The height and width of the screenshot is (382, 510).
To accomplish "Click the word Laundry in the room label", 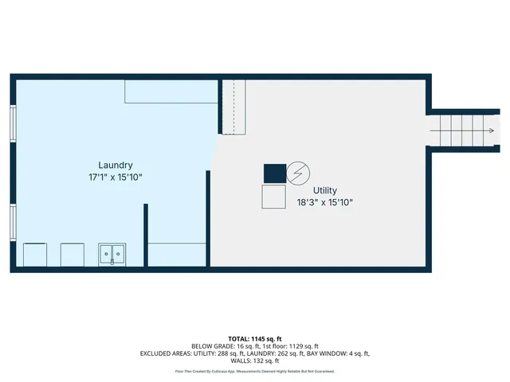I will pos(116,165).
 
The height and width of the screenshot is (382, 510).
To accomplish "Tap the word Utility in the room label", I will pos(324,190).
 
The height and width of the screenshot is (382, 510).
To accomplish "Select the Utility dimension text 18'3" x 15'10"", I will pos(324,202).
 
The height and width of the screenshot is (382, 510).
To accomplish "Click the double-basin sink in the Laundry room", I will pos(112,255).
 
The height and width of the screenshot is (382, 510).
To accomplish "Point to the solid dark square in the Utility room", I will pos(274,173).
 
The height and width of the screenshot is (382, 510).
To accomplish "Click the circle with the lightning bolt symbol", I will pos(298,173).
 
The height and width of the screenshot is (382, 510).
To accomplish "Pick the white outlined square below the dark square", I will pos(273,197).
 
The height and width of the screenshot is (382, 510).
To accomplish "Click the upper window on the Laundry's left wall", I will pos(13,123).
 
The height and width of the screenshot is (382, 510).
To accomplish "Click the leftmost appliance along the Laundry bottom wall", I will pos(35,255).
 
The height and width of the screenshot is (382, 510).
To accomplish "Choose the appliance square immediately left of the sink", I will pos(74,255).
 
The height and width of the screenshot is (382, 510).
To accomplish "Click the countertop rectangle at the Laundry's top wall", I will pos(171,91).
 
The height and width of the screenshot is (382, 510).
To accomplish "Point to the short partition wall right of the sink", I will pos(146,235).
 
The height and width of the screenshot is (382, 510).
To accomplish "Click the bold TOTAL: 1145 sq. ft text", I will pos(254,339).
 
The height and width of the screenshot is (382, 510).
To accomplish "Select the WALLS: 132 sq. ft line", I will pos(254,361).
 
